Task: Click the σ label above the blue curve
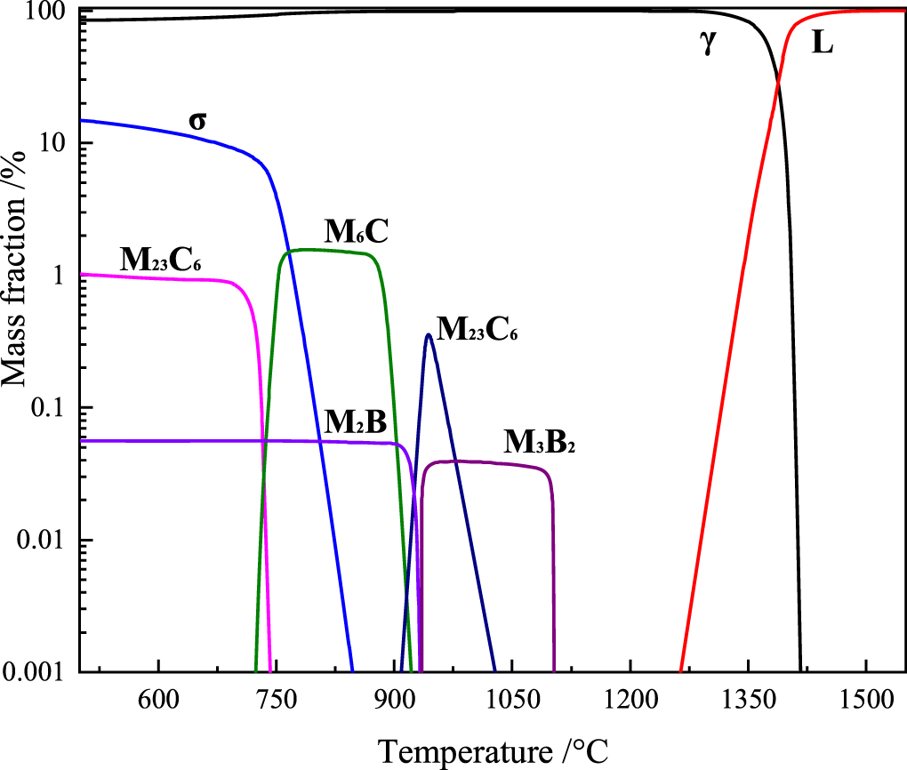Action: pos(197,119)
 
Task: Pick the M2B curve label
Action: pos(354,422)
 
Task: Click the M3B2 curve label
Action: pos(540,441)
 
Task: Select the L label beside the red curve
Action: pos(823,43)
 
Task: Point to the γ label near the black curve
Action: pos(708,44)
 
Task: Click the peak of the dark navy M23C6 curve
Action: pos(429,334)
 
